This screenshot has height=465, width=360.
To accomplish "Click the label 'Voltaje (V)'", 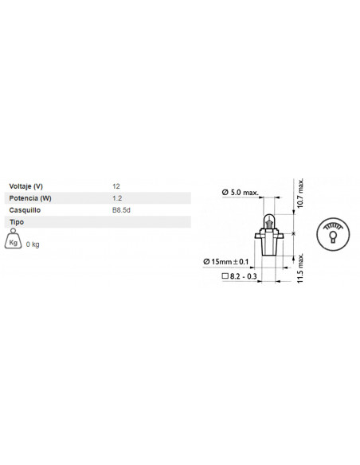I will click(25, 186).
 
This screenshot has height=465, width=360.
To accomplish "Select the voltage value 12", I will click(118, 186).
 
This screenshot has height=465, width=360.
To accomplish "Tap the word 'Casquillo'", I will click(24, 209).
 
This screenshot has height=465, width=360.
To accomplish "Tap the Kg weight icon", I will click(14, 241).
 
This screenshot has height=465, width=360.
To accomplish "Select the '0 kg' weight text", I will click(33, 244).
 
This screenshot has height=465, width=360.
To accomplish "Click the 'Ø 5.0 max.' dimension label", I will click(241, 192).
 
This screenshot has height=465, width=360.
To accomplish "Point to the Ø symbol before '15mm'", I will click(207, 261).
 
